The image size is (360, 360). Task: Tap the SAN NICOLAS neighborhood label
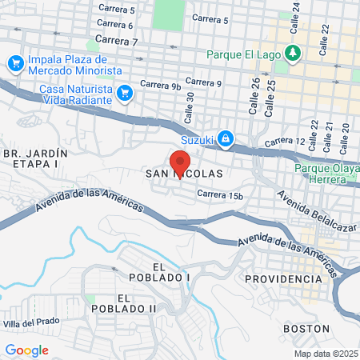183,173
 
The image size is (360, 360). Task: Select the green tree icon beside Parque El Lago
294,54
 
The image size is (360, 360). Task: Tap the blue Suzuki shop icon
226,139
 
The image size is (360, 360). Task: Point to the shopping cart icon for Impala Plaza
15,63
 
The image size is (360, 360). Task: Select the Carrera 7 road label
116,41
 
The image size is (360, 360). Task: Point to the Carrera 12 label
285,142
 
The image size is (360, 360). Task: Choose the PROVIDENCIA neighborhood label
283,278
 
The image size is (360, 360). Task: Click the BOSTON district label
306,328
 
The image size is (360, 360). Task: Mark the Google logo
26,350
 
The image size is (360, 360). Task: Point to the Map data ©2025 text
326,354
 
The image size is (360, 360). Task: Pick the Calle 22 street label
325,39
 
